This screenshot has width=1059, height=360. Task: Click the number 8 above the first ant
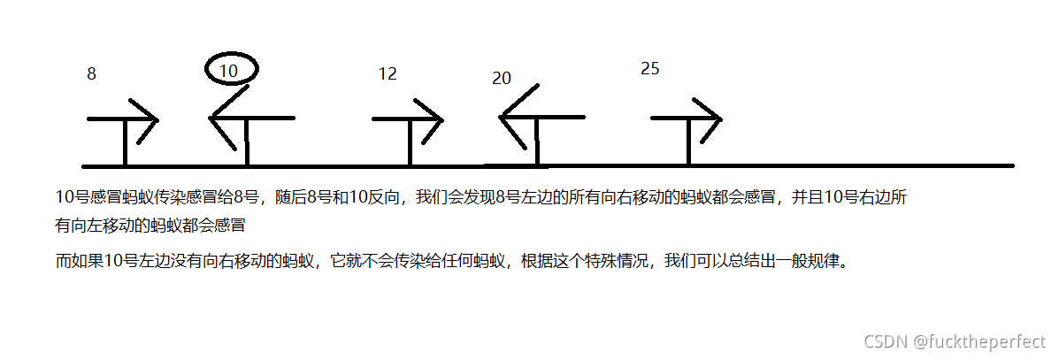point(91,75)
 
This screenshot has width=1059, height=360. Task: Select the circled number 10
point(230,71)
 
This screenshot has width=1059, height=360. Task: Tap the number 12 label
point(388,74)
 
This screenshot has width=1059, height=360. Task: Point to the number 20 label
point(502,79)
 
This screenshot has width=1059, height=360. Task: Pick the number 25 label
point(649,69)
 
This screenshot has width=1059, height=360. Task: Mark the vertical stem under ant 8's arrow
point(125,142)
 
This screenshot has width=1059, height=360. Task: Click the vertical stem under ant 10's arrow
point(247,142)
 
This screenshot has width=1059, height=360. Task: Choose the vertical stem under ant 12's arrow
point(409,142)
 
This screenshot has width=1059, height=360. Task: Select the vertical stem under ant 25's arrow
point(687,142)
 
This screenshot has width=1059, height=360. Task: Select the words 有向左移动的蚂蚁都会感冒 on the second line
point(150,225)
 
